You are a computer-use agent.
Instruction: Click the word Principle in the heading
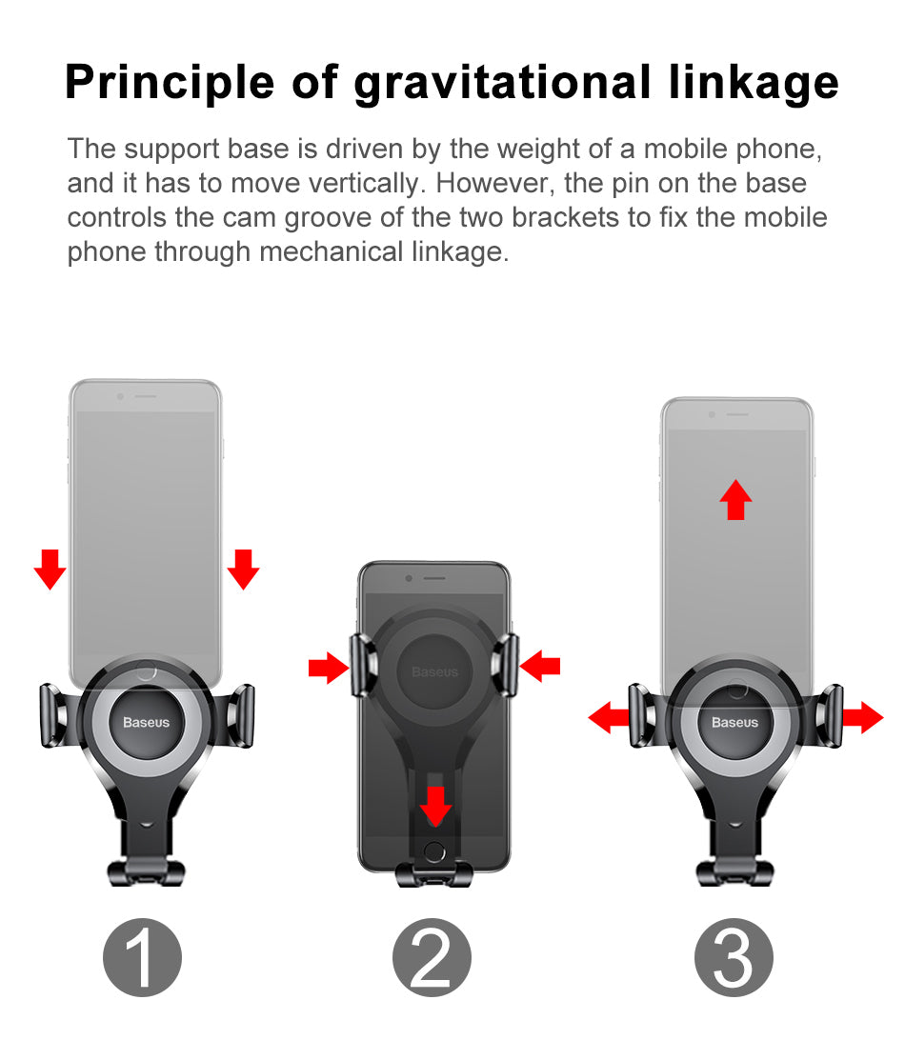click(x=170, y=84)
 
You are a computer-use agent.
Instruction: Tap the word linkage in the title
click(x=754, y=84)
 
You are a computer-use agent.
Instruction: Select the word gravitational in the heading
click(x=502, y=84)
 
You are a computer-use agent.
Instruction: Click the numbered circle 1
click(x=142, y=957)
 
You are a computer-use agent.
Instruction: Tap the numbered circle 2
click(x=432, y=957)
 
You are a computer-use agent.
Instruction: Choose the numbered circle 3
click(x=734, y=957)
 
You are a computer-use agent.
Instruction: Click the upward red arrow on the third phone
click(x=735, y=500)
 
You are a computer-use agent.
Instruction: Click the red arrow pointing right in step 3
click(x=863, y=717)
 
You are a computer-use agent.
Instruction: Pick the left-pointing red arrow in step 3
click(x=609, y=717)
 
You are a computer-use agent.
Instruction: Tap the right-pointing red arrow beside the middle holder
click(x=329, y=668)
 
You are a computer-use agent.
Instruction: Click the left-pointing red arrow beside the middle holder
click(x=540, y=667)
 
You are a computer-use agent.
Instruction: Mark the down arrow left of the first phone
click(x=50, y=570)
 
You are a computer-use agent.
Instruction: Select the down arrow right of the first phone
click(x=244, y=570)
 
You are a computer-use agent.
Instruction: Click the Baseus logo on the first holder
click(x=146, y=722)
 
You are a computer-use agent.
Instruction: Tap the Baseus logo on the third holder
click(x=734, y=722)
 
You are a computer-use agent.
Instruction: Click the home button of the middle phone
click(x=434, y=851)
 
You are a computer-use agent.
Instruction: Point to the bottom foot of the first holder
click(x=146, y=872)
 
